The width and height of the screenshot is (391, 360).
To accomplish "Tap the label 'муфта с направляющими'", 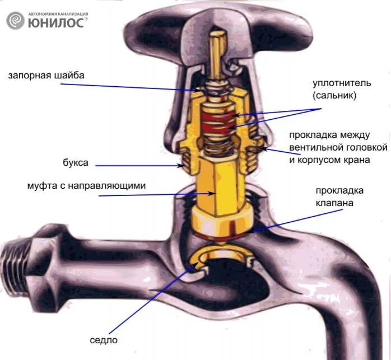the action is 82,185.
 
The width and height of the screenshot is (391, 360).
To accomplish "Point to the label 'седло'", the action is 104,339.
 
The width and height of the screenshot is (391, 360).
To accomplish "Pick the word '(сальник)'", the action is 334,96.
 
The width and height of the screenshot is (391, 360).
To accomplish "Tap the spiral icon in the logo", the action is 16,21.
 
